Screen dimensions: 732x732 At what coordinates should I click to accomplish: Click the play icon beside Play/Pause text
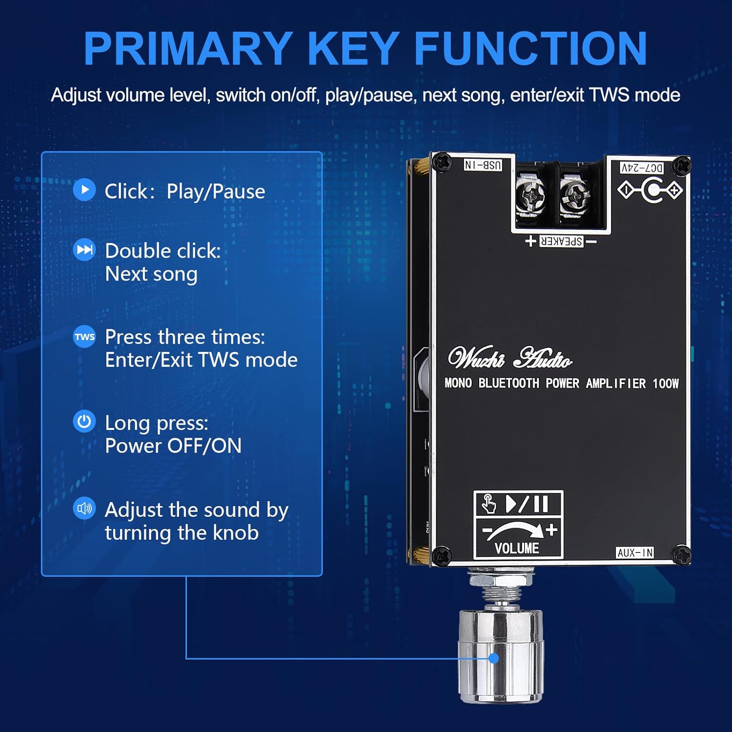(x=84, y=190)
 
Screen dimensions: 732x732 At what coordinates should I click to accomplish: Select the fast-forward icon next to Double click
(x=84, y=250)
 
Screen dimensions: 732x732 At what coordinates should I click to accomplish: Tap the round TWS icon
(x=84, y=337)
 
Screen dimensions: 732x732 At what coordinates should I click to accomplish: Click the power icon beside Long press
(x=84, y=422)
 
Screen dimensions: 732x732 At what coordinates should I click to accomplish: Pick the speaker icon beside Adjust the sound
(x=84, y=508)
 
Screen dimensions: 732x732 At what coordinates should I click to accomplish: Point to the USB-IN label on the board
(x=483, y=165)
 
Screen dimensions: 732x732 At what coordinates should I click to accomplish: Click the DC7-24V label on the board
(x=642, y=168)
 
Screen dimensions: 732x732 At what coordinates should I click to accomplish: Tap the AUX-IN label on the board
(x=634, y=552)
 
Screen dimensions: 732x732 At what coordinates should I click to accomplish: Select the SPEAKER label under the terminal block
(x=561, y=241)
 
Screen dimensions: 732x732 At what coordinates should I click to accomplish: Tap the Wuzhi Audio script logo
(x=510, y=357)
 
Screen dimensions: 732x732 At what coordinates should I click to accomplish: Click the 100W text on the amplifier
(x=666, y=384)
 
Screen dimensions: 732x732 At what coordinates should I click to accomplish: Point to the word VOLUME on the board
(x=517, y=549)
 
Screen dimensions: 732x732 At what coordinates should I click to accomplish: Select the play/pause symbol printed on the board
(x=527, y=504)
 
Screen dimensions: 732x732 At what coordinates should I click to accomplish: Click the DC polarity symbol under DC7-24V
(x=650, y=190)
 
